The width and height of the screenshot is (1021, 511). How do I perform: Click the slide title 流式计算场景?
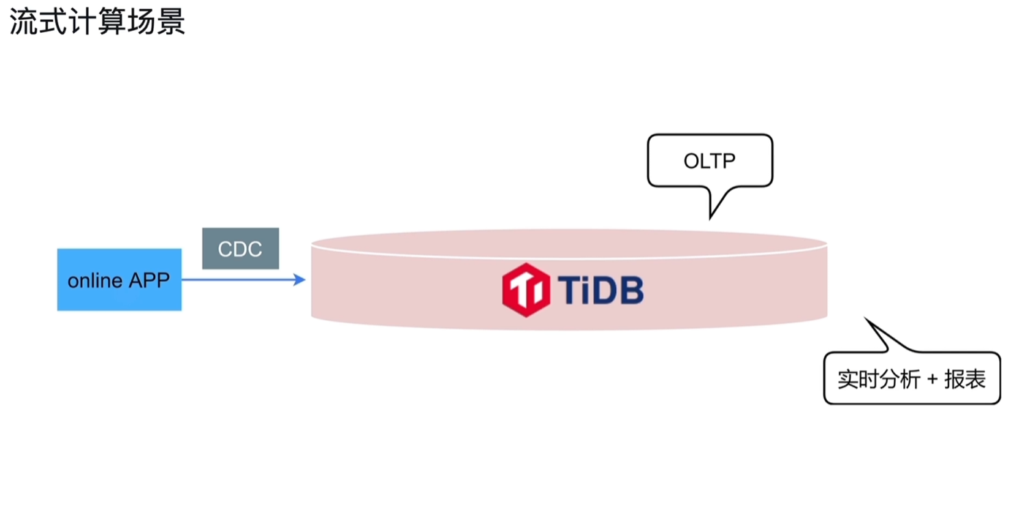(x=97, y=21)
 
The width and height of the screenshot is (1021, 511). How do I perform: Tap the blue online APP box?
(x=120, y=279)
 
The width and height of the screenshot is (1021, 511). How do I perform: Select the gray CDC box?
(x=241, y=248)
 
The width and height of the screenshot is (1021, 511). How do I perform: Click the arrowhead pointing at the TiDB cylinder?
(x=299, y=279)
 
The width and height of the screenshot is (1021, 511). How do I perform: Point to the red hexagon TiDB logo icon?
(x=525, y=289)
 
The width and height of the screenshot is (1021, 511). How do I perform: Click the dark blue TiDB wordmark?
(x=600, y=289)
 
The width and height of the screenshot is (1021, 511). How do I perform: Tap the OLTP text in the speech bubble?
(x=710, y=161)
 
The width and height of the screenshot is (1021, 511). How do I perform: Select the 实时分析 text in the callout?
(x=879, y=379)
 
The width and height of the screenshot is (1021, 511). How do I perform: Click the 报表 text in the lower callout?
(x=965, y=379)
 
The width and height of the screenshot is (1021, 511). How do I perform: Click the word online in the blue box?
(x=95, y=280)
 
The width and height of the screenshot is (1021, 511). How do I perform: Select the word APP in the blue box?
(x=150, y=280)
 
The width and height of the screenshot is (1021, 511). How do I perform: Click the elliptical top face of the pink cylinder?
(x=569, y=244)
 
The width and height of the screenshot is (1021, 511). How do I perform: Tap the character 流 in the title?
(x=24, y=21)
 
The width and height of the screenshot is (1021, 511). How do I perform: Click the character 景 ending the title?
(x=171, y=21)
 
